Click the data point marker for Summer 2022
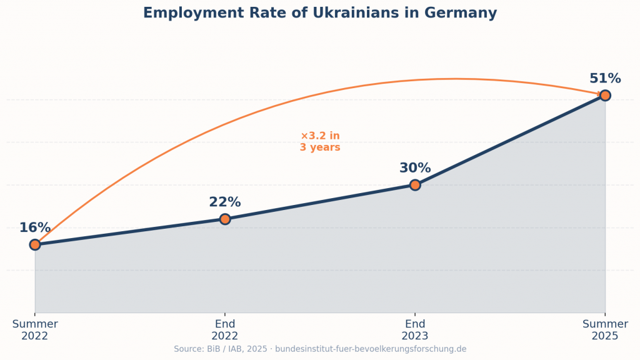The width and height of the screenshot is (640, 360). coord(35,244)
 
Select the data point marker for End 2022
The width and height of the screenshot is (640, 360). coord(225,219)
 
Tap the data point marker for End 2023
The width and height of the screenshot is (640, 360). coord(415,185)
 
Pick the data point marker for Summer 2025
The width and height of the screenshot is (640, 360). coord(605,95)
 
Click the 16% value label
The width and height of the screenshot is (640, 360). coord(35,228)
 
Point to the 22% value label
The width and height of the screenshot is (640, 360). coord(225,202)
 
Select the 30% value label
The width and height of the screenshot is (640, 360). coord(415,168)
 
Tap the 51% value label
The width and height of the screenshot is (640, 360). coord(605,79)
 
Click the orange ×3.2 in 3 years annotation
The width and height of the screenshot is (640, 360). coord(320,142)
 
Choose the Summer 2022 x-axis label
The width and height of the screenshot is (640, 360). coord(35,330)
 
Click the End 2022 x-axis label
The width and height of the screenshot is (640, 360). coord(225,330)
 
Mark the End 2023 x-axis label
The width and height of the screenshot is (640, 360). coord(415,330)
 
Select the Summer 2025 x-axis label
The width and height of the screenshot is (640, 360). coord(605,330)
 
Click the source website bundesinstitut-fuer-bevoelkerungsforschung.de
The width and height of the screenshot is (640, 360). coord(371,349)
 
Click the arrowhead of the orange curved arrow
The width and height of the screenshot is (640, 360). coord(602,94)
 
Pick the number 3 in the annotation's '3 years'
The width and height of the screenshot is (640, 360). coord(303,148)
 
